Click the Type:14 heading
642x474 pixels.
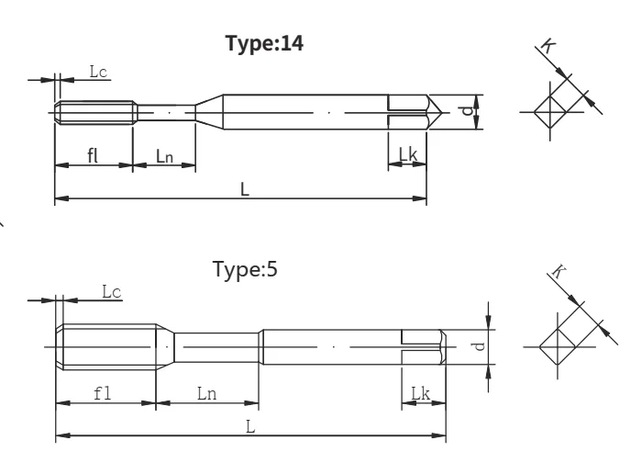[x=264, y=43]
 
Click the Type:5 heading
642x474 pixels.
[x=245, y=269]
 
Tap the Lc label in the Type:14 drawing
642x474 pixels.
[x=98, y=72]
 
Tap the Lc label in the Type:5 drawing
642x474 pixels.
[x=111, y=292]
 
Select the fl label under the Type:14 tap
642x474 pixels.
[x=93, y=155]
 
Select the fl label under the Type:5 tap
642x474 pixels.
[x=102, y=393]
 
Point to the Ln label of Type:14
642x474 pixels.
[x=164, y=156]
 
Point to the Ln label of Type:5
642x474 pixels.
[x=206, y=394]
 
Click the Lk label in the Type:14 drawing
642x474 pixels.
[x=408, y=154]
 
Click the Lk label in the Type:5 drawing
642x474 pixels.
[x=420, y=393]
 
